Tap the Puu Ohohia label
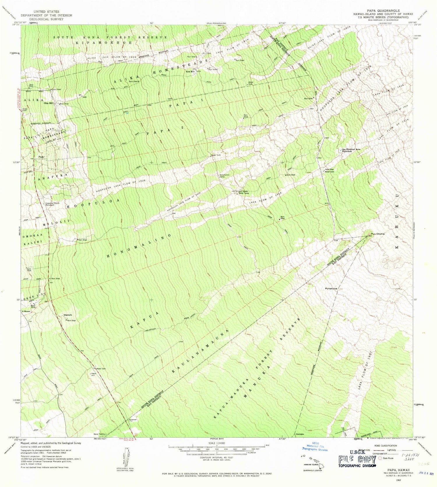378,234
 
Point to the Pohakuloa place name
331,288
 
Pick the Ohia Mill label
48,103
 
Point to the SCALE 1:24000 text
216,443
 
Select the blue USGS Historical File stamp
319,446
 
